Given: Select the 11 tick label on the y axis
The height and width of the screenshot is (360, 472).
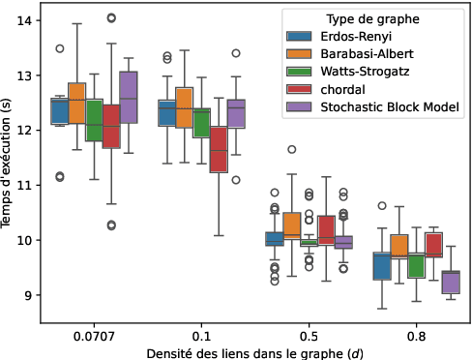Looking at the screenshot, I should (x=28, y=185).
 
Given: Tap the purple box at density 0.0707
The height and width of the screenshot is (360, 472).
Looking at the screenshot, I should (x=129, y=97).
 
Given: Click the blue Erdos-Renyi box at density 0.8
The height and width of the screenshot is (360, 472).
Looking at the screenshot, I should (x=381, y=266).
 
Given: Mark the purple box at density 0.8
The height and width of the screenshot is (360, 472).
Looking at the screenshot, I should (x=451, y=282).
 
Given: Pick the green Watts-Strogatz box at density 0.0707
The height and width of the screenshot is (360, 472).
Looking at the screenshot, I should (x=94, y=120).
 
